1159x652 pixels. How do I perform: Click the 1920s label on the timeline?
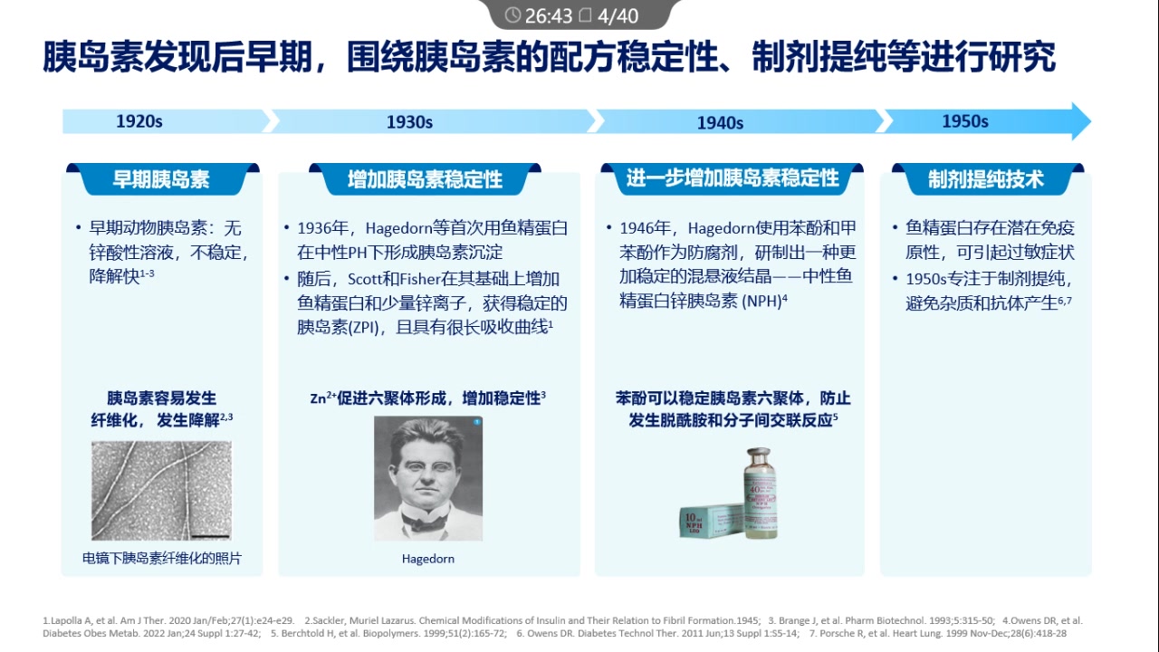(x=139, y=121)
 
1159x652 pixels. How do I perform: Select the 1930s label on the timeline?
(x=409, y=122)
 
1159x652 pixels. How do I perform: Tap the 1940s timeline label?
(x=720, y=123)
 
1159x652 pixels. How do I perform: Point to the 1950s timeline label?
(x=964, y=121)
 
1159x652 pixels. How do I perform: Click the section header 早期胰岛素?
(x=161, y=179)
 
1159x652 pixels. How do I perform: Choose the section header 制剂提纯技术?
(x=986, y=179)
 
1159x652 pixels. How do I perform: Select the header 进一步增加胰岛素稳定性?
(x=733, y=178)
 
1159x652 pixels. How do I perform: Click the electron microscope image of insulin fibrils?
(x=161, y=490)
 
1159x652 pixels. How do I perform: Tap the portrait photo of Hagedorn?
(x=428, y=478)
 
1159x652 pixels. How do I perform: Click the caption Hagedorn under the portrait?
(x=428, y=559)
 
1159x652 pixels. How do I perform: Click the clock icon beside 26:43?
(x=512, y=15)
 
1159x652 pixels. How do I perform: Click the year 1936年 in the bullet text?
(x=320, y=228)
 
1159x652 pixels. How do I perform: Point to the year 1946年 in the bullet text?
(x=641, y=228)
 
